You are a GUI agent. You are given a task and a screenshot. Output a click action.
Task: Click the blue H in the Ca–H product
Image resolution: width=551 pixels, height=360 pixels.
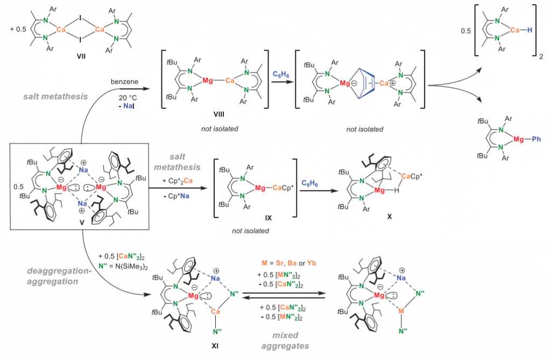click(x=530, y=31)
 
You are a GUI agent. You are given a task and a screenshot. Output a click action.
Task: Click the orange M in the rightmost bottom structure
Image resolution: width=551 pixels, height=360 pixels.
click(x=401, y=311)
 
